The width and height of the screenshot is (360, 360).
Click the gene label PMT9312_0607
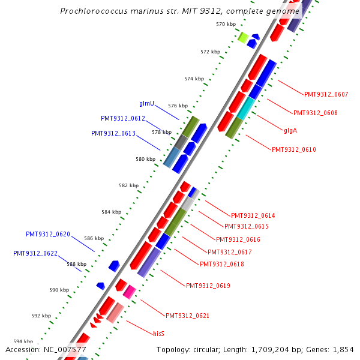pyautogui.click(x=326, y=94)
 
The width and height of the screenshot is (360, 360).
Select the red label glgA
pyautogui.click(x=290, y=130)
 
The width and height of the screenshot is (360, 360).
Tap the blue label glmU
pyautogui.click(x=147, y=103)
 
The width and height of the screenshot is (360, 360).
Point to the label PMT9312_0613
pyautogui.click(x=113, y=133)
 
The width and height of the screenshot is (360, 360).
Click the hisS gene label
pyautogui.click(x=158, y=333)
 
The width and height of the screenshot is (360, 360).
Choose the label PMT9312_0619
pyautogui.click(x=208, y=286)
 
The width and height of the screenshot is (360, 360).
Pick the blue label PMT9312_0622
pyautogui.click(x=35, y=253)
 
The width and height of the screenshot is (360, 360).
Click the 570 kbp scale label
pyautogui.click(x=226, y=24)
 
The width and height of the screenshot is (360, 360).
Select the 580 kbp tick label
pyautogui.click(x=145, y=159)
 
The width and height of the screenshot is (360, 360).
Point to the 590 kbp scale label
pyautogui.click(x=59, y=290)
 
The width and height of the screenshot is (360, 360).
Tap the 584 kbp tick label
pyautogui.click(x=111, y=212)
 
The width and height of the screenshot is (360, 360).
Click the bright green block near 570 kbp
pyautogui.click(x=243, y=37)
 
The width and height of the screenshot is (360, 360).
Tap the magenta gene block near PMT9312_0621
pyautogui.click(x=129, y=292)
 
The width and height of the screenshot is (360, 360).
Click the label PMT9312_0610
pyautogui.click(x=293, y=149)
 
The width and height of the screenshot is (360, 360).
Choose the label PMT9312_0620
pyautogui.click(x=48, y=234)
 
